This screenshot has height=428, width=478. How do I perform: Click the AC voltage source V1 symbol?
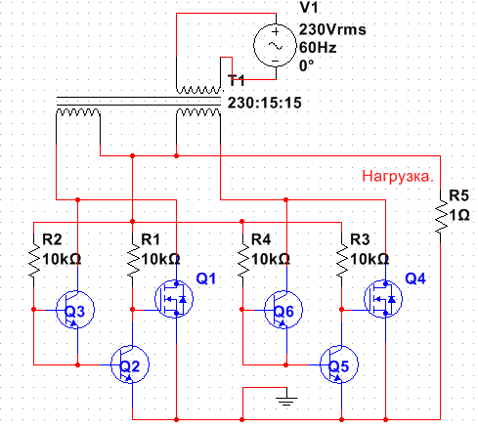coord(276,46)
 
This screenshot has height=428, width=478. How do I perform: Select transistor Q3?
coord(75,310)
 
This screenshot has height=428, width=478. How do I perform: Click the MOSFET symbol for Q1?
coord(174,299)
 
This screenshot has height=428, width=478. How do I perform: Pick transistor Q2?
coord(130,364)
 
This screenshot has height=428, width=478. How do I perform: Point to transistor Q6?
coord(283,310)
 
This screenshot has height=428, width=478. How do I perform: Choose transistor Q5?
coord(339,364)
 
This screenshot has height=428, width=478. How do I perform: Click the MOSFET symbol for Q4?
coord(383,299)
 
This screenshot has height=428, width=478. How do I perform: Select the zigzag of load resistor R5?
coord(441,217)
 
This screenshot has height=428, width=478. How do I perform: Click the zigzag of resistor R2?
coord(34,261)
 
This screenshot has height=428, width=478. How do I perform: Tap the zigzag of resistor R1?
coord(133,261)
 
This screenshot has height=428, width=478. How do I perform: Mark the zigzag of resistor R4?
coord(242,261)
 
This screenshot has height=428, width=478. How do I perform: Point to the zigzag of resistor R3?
coord(341,261)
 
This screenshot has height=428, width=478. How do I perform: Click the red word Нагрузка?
coord(398,176)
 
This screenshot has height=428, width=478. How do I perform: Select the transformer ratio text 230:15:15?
coord(264,103)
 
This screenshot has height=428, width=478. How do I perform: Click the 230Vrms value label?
coord(332,29)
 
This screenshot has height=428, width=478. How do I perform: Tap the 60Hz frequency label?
coord(318,48)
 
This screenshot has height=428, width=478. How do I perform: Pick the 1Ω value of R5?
coord(459,216)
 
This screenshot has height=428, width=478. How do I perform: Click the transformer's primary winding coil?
coord(198,90)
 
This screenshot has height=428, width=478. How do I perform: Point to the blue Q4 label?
coord(415,278)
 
